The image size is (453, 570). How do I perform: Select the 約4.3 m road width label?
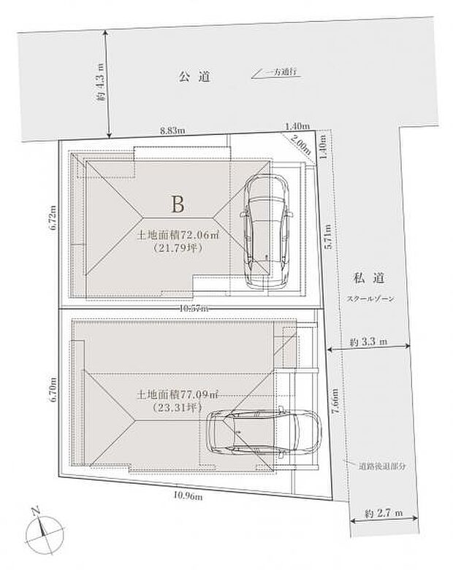pyautogui.click(x=101, y=82)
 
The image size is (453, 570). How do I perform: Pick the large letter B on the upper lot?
pyautogui.click(x=177, y=204)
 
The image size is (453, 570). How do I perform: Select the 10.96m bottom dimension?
pyautogui.click(x=189, y=496)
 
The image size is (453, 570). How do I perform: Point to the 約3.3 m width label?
pyautogui.click(x=368, y=342)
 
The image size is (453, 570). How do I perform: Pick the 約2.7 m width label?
pyautogui.click(x=384, y=514)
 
